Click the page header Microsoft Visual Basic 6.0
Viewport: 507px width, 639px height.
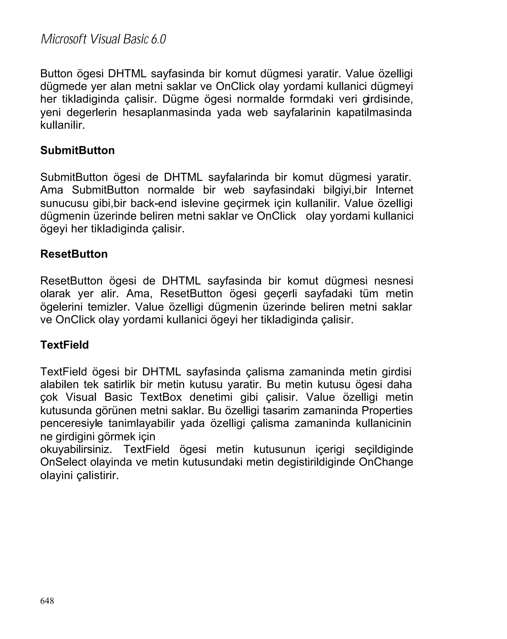[x=103, y=39]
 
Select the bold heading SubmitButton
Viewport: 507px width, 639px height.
[x=77, y=150]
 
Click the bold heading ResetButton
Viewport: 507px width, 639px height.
[x=74, y=254]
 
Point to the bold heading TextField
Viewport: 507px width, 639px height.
[x=64, y=345]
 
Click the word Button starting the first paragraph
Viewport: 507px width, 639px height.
[x=56, y=73]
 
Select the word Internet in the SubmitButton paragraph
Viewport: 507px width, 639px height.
[x=394, y=190]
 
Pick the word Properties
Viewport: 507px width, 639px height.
[x=387, y=411]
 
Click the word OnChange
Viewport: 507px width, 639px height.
[x=386, y=462]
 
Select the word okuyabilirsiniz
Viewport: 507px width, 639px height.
[x=76, y=449]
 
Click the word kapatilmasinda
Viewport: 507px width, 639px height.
[x=374, y=112]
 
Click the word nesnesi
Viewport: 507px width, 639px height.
[x=393, y=281]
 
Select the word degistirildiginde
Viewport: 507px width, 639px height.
[x=316, y=462]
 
